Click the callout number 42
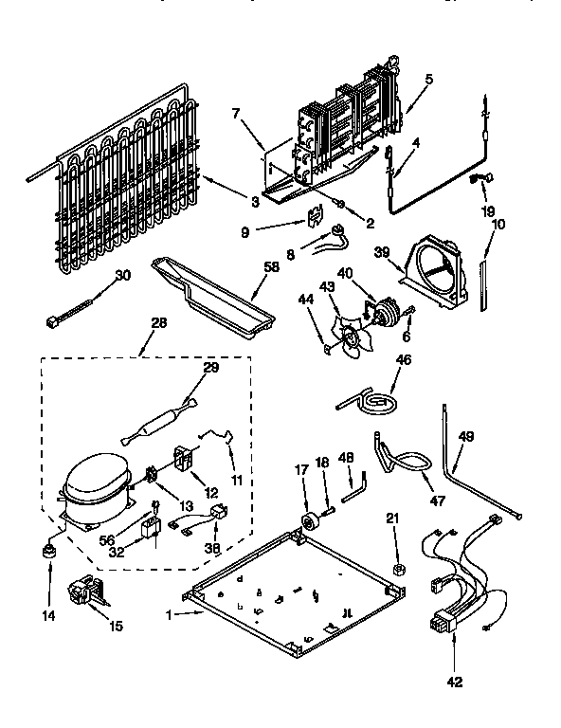coord(455,679)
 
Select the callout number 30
coord(122,276)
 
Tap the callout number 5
coord(429,81)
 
